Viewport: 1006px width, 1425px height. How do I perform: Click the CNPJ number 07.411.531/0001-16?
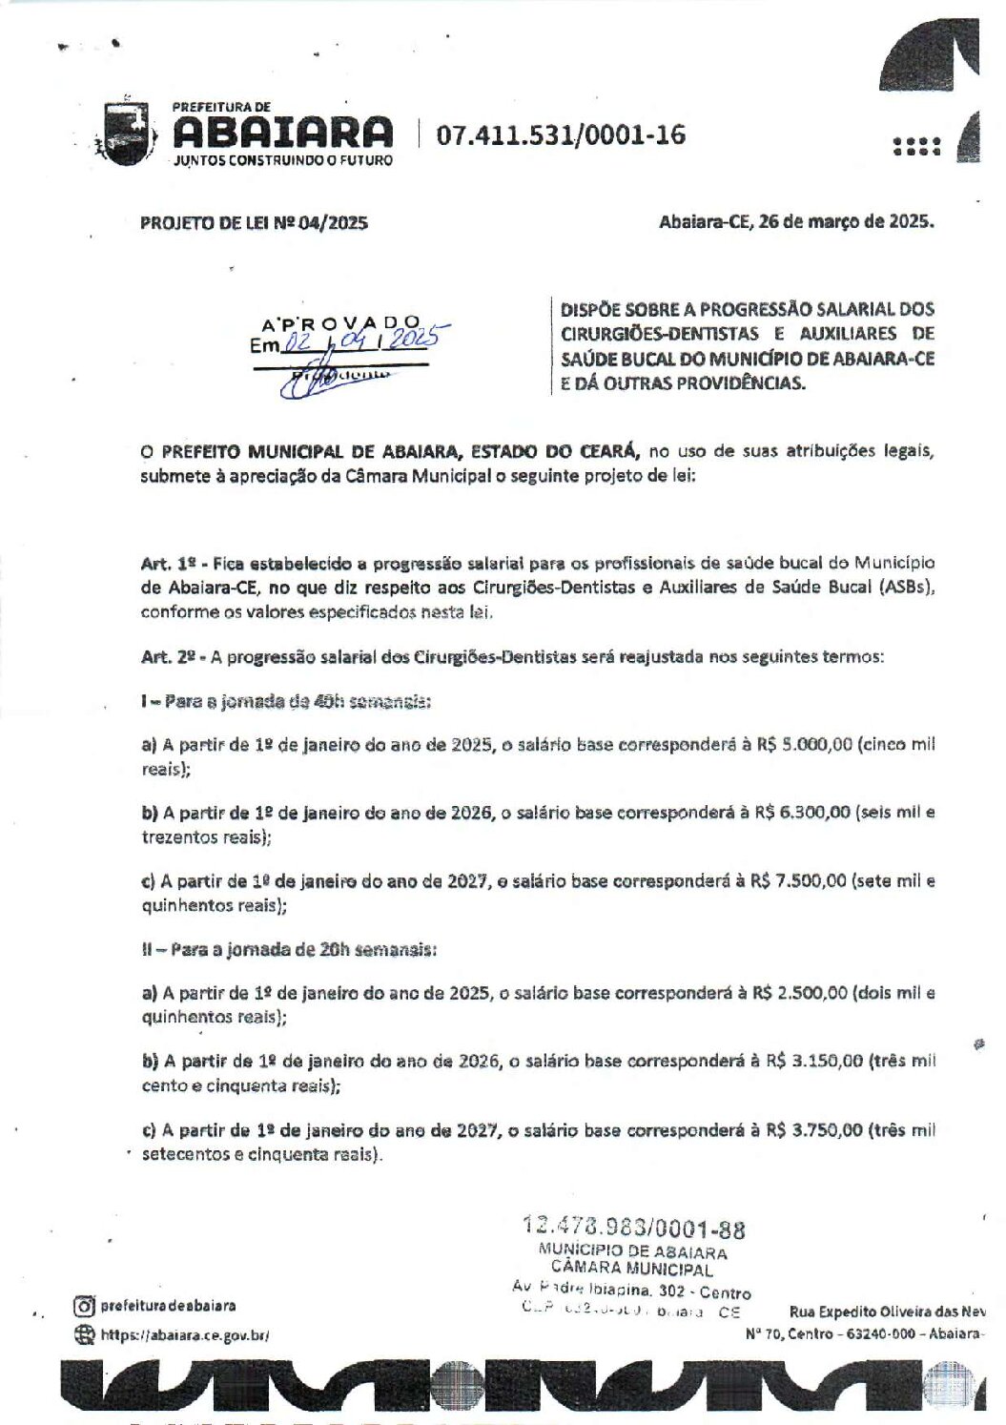[x=561, y=135]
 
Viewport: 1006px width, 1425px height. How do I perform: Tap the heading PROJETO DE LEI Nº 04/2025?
[x=254, y=223]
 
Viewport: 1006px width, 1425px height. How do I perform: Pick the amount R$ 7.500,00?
[x=797, y=881]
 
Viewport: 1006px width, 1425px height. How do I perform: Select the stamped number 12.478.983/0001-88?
[x=634, y=1229]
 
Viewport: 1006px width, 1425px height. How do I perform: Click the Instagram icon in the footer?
[x=85, y=1306]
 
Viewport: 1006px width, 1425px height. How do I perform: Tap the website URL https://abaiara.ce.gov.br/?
[x=185, y=1335]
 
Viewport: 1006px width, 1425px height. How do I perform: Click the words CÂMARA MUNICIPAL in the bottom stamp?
[x=631, y=1270]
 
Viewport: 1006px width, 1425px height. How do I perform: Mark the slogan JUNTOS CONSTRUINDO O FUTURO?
[x=282, y=160]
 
